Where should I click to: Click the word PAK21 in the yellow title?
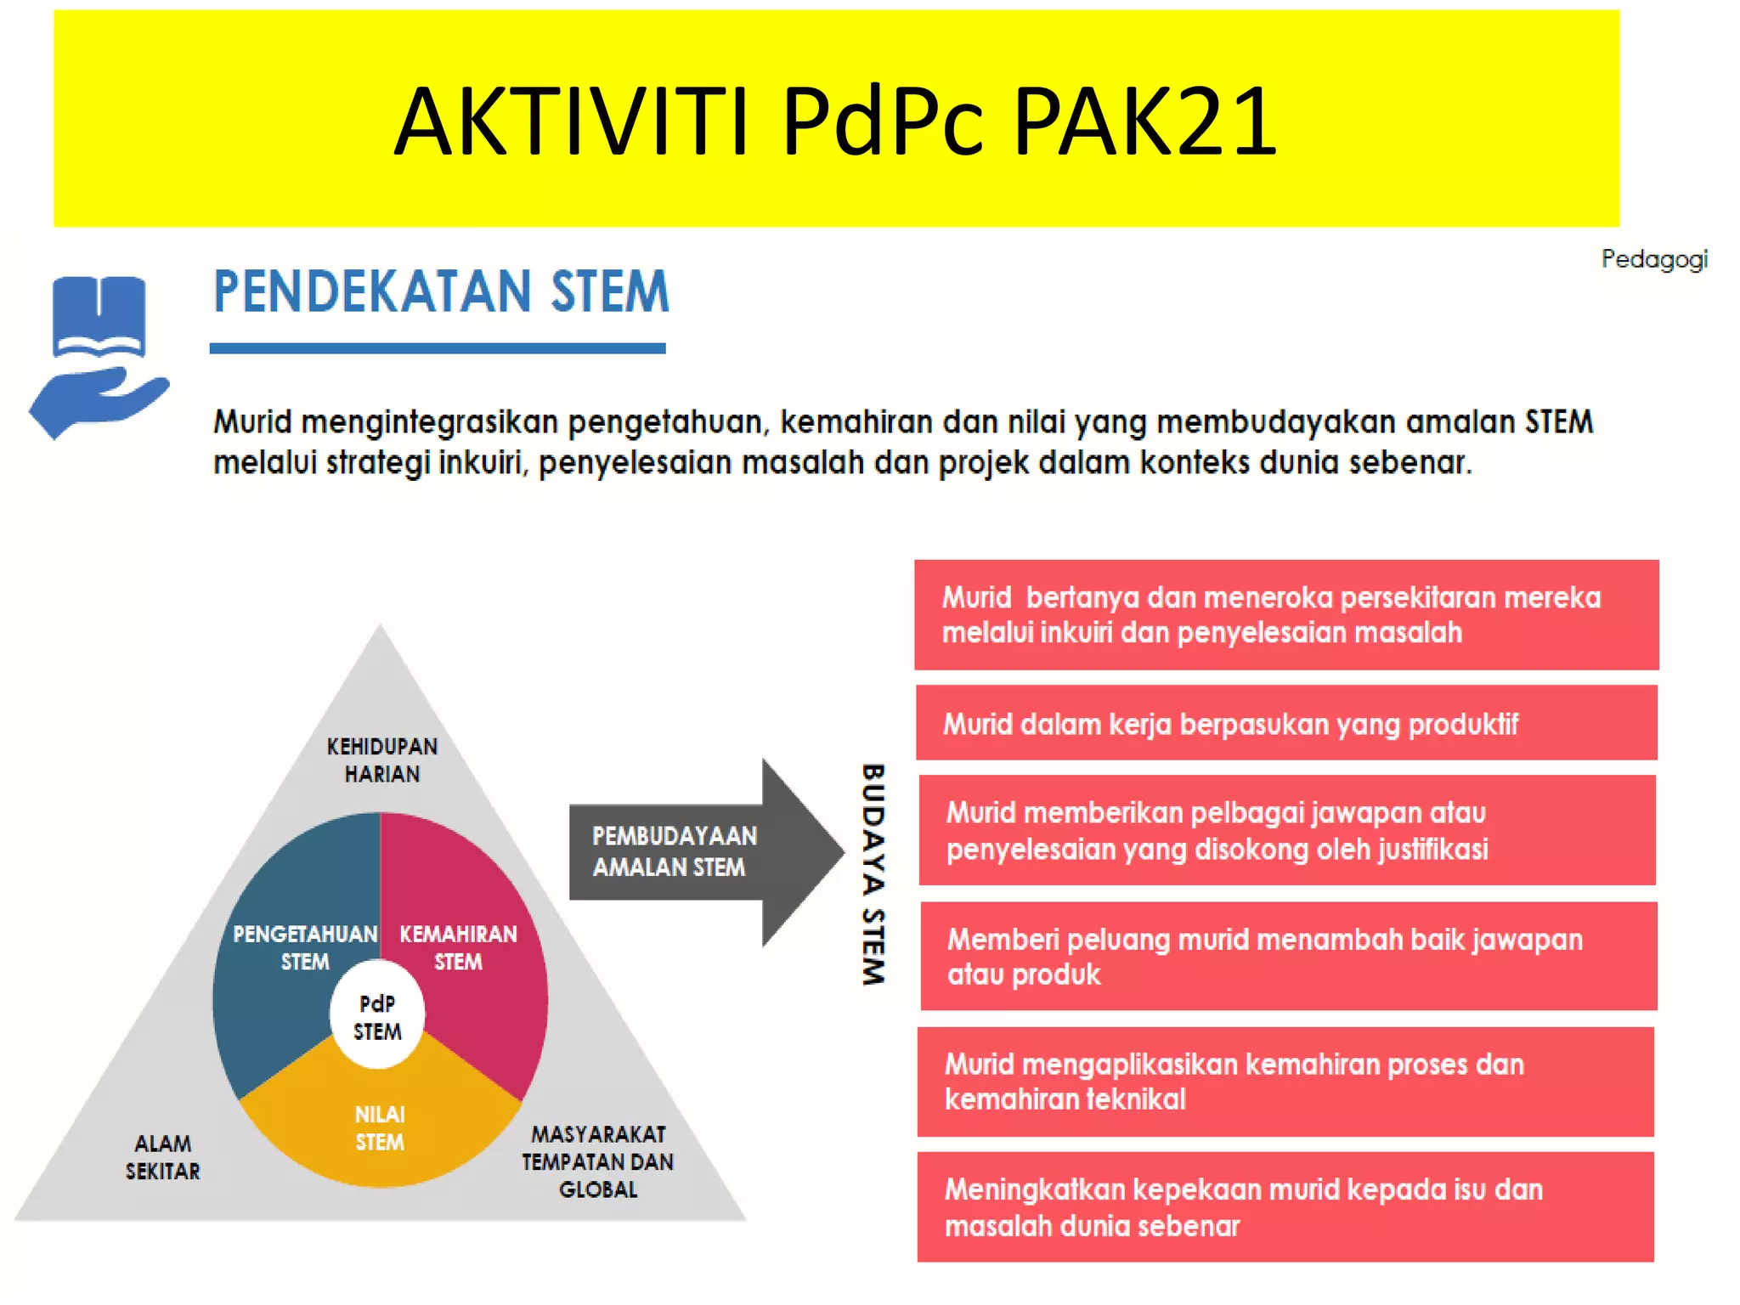pos(1144,121)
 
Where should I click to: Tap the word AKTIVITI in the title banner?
pos(571,121)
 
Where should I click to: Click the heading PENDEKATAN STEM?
pos(441,291)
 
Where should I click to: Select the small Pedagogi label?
pos(1653,259)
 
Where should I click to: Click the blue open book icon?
pos(99,316)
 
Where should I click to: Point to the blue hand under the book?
pos(98,402)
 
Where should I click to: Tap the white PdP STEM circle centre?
pos(377,1017)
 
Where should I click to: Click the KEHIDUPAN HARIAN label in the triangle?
pos(381,760)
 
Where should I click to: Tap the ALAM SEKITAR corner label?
pos(162,1157)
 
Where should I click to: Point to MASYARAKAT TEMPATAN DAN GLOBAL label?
pos(597,1161)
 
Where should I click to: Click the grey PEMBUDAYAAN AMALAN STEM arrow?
pos(680,851)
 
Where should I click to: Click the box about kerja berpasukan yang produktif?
pos(1285,723)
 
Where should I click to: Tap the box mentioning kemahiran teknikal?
pos(1285,1082)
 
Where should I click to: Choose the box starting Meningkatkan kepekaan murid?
pos(1285,1206)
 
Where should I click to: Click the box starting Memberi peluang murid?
pos(1287,956)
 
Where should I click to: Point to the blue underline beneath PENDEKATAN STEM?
pos(438,348)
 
